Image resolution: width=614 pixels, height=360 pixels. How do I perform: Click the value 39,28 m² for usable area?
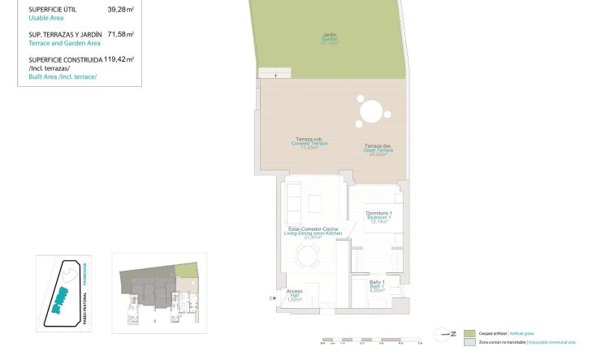click(120, 10)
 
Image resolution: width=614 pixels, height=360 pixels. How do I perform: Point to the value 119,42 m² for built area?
click(120, 59)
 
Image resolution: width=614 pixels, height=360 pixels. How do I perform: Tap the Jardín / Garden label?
click(329, 38)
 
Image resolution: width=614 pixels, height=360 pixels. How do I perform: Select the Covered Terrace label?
click(308, 143)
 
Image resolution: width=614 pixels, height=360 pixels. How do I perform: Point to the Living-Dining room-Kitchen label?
click(313, 232)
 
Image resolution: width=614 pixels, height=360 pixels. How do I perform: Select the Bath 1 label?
click(376, 285)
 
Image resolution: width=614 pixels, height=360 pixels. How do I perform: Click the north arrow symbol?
click(444, 333)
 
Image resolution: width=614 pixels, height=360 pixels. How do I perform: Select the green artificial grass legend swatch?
click(469, 333)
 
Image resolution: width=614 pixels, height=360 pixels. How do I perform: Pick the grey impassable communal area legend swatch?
click(469, 343)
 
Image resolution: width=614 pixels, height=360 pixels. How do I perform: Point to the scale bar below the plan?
click(370, 340)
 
